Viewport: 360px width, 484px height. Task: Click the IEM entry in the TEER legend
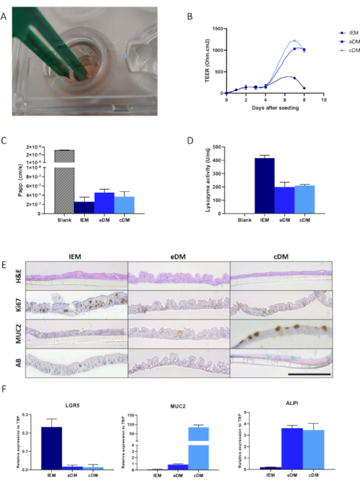[354, 33]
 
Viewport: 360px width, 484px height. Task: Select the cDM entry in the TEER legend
[354, 50]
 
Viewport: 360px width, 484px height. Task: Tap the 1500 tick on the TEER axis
[217, 28]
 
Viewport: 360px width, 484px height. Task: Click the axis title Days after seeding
[275, 108]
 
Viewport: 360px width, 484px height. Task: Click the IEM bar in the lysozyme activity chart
[265, 185]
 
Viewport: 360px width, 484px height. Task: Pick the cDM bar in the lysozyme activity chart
[305, 199]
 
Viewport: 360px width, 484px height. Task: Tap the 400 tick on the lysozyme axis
[216, 160]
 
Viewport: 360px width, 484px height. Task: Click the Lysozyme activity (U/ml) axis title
[208, 179]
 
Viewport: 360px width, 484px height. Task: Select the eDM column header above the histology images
[178, 257]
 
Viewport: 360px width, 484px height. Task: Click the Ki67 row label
[18, 305]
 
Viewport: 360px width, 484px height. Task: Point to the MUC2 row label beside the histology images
[18, 333]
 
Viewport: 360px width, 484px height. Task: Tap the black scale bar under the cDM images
[309, 375]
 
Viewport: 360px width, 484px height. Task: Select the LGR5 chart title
[72, 405]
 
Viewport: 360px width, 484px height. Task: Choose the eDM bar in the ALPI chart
[292, 448]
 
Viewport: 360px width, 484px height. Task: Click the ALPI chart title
[292, 403]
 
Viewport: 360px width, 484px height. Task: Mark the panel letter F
[4, 389]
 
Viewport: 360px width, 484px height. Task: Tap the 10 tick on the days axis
[324, 100]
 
